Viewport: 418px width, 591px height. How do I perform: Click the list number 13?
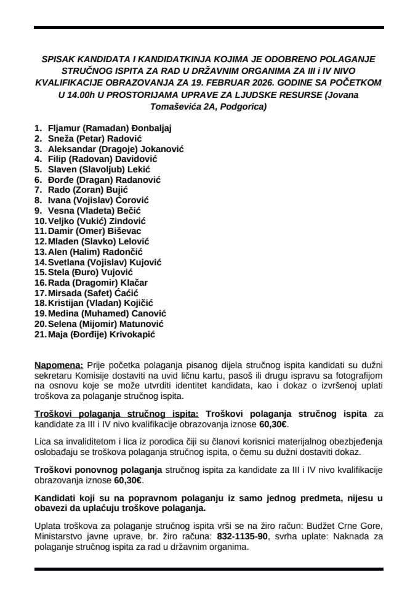click(39, 252)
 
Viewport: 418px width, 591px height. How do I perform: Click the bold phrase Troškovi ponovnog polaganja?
click(97, 470)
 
